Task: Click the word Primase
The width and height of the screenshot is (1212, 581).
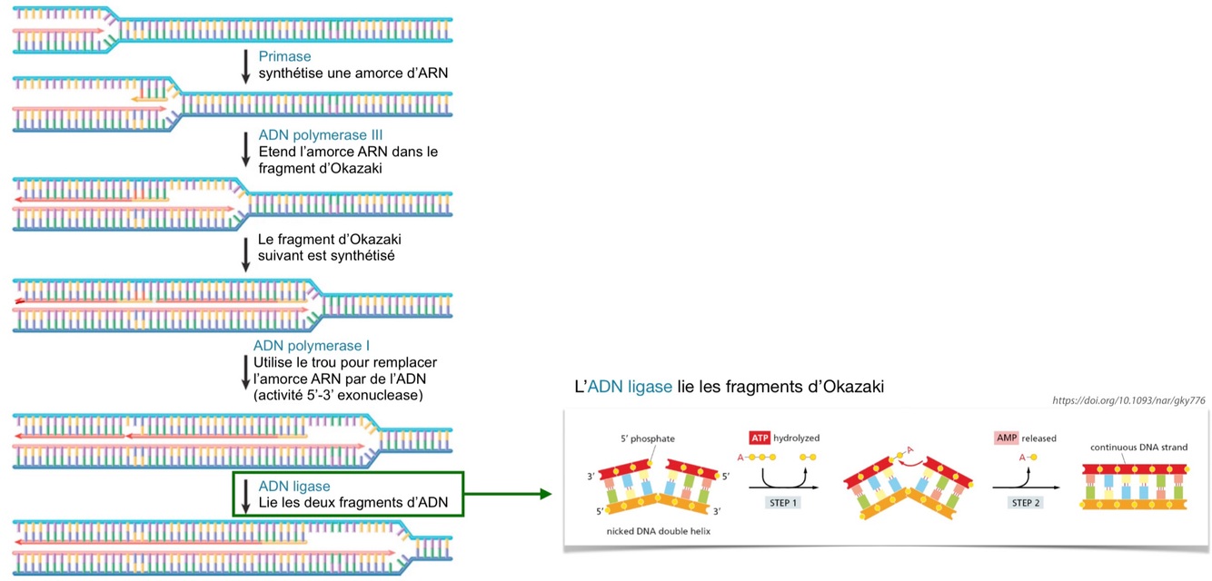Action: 284,56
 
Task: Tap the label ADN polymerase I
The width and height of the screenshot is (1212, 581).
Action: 311,346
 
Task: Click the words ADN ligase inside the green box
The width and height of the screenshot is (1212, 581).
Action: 294,487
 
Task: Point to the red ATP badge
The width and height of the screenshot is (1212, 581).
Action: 760,438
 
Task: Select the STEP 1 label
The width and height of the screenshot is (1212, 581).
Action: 782,502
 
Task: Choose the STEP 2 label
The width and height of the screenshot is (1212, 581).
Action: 1026,502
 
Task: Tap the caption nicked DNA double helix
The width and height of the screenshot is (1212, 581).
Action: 658,531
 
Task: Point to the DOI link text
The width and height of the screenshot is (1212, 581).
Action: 1128,400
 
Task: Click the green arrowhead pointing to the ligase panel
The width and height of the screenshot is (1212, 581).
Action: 545,494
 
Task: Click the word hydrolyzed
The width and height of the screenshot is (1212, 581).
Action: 796,438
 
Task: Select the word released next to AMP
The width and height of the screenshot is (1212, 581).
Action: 1039,438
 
